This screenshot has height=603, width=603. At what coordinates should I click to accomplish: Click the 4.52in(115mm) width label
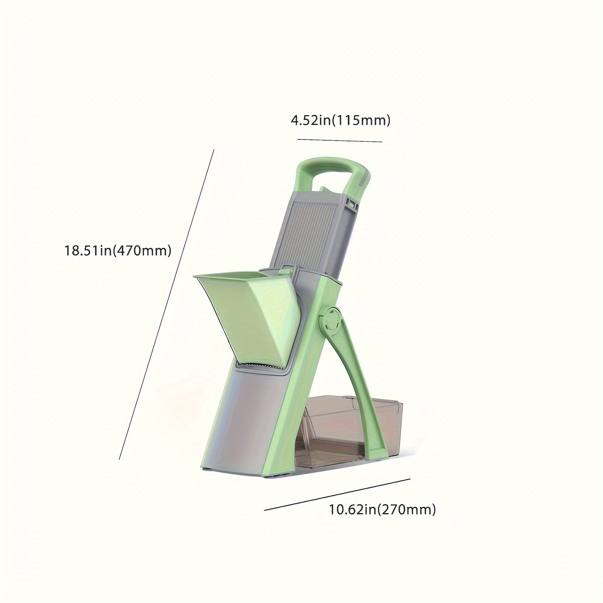point(340,121)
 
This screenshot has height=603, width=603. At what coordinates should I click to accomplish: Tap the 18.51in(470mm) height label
point(118,250)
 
